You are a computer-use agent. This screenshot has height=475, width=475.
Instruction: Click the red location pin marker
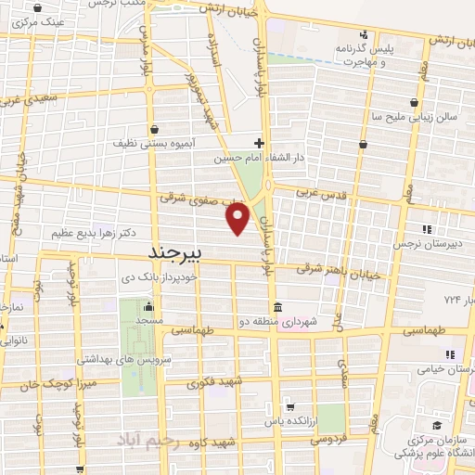click(x=238, y=219)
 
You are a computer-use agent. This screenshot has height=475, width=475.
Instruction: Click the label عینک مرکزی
click(x=36, y=19)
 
